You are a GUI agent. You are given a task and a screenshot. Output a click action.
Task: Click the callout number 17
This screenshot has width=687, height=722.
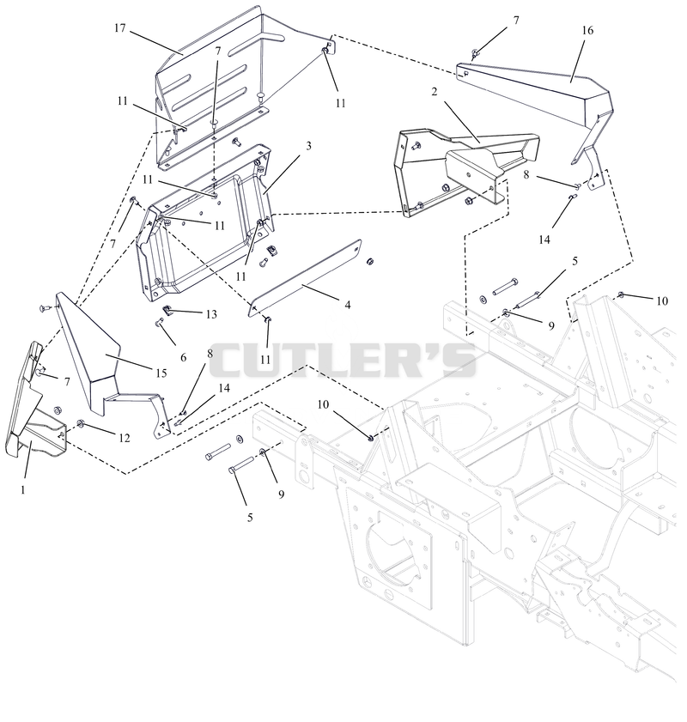[x=119, y=28]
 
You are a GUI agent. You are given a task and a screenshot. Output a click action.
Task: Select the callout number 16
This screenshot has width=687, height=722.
[x=587, y=31]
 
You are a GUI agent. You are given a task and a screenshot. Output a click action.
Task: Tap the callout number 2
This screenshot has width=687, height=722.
[x=435, y=92]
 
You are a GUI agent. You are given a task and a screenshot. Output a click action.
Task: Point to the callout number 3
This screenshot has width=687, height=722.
[x=308, y=146]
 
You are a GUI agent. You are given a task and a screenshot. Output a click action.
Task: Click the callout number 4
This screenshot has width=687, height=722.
[x=348, y=305]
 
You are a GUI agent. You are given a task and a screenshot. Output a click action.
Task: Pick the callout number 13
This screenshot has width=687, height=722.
[x=211, y=314]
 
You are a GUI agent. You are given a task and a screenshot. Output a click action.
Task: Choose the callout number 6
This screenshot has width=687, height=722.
[x=183, y=357]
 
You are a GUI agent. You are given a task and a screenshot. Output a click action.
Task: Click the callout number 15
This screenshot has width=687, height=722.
[x=161, y=373]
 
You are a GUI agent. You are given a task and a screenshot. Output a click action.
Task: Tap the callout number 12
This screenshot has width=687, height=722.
[x=125, y=438]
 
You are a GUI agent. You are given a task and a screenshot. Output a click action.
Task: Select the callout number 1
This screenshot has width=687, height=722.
[x=23, y=490]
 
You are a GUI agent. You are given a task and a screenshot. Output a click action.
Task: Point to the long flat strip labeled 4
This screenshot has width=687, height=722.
[x=305, y=277]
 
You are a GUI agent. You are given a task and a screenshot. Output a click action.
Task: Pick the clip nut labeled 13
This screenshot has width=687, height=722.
[x=168, y=310]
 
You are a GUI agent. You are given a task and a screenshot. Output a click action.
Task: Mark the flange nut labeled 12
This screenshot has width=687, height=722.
[x=81, y=423]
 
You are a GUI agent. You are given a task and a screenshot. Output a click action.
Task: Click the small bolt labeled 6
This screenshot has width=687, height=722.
[x=160, y=321]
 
